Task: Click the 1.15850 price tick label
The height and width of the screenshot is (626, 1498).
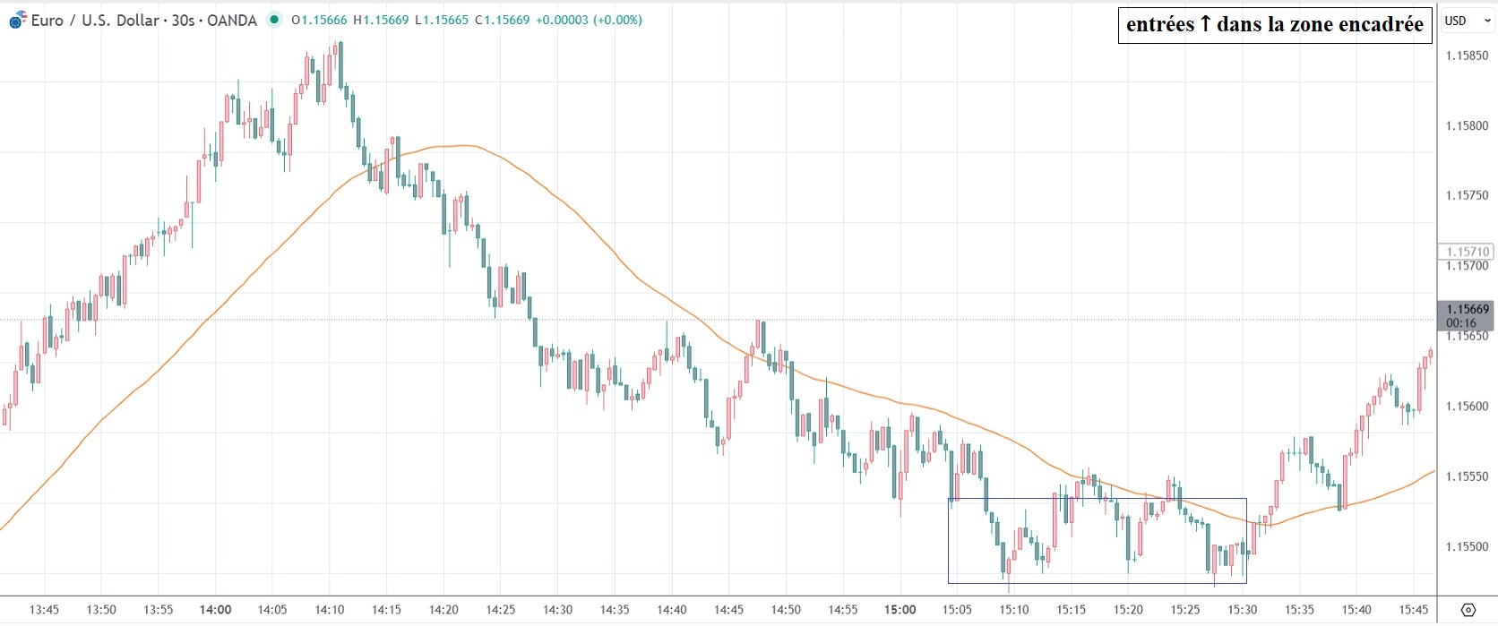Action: (1468, 56)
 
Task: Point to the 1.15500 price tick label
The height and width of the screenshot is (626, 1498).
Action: (1468, 546)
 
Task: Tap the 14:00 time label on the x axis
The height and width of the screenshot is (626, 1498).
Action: (215, 610)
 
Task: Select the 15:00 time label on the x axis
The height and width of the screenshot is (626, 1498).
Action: (900, 610)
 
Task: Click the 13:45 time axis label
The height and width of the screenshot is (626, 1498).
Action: (44, 610)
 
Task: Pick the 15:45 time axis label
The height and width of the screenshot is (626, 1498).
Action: (1414, 610)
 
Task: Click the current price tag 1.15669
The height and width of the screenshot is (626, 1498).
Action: (1468, 310)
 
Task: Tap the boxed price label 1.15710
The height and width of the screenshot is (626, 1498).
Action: (1468, 252)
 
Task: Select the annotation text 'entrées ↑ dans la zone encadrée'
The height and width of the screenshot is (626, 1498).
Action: (1274, 25)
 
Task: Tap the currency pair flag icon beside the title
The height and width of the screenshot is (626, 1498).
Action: (18, 20)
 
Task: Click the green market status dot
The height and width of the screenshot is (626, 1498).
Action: (274, 20)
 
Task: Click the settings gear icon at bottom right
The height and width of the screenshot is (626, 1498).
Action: (1468, 610)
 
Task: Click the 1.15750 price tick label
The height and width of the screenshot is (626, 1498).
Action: (1468, 195)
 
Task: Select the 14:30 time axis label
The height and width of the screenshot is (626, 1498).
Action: (557, 610)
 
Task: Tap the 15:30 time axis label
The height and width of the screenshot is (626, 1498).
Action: (1242, 610)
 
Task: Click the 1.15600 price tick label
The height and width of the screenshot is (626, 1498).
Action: (1468, 406)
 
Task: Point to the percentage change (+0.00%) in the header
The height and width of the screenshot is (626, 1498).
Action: (617, 20)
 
